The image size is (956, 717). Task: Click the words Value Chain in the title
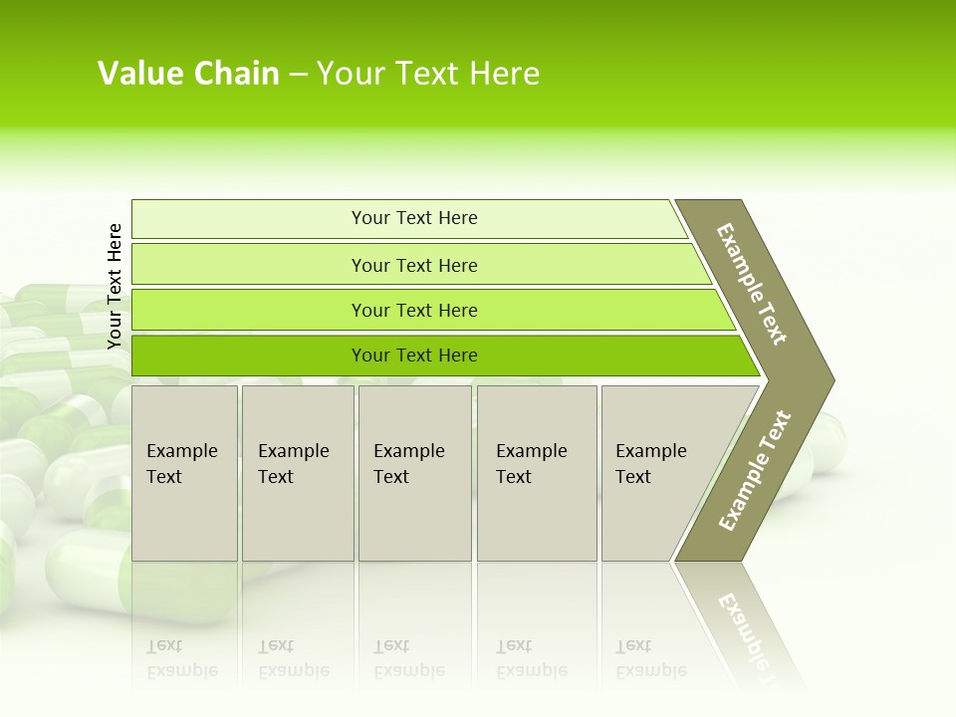[x=188, y=74]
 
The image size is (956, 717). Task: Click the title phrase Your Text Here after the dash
[x=428, y=74]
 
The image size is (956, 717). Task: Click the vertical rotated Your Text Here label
[x=115, y=287]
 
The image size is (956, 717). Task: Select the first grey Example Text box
[x=184, y=473]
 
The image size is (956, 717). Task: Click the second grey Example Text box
[x=297, y=473]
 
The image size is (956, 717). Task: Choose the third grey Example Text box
[x=414, y=473]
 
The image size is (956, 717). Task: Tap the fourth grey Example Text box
[x=537, y=473]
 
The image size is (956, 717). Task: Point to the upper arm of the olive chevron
[x=752, y=285]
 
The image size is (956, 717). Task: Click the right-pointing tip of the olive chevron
[x=822, y=380]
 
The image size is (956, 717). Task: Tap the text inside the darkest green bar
[x=414, y=356]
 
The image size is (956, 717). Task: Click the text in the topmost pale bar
[x=414, y=218]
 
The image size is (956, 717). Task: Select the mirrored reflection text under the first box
[x=182, y=658]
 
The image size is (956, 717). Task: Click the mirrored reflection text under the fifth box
[x=651, y=658]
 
